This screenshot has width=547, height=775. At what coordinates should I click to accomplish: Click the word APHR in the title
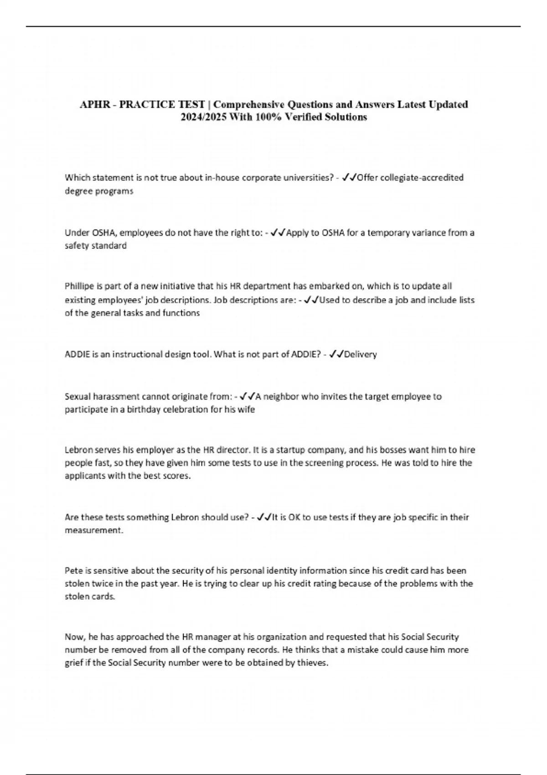coord(95,104)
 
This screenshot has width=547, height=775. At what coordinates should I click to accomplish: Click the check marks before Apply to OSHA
coord(278,232)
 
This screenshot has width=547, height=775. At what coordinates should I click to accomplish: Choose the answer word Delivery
coord(361,354)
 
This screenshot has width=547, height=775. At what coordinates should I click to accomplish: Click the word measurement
coord(94,530)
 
